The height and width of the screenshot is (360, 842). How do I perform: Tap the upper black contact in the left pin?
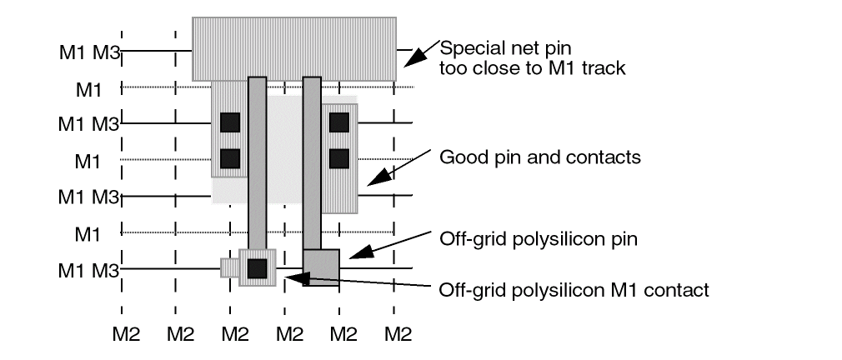230,122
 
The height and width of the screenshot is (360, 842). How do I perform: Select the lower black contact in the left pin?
230,157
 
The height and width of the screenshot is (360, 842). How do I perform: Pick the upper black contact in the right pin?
338,122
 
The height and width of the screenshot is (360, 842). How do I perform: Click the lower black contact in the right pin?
338,157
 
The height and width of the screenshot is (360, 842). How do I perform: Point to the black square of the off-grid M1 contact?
257,267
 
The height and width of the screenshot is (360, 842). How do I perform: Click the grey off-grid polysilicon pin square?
321,267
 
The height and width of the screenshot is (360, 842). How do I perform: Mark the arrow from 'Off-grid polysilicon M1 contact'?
358,283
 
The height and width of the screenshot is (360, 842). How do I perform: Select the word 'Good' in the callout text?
459,157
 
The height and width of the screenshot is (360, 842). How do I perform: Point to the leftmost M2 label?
127,335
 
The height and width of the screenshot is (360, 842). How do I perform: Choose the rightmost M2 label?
398,335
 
